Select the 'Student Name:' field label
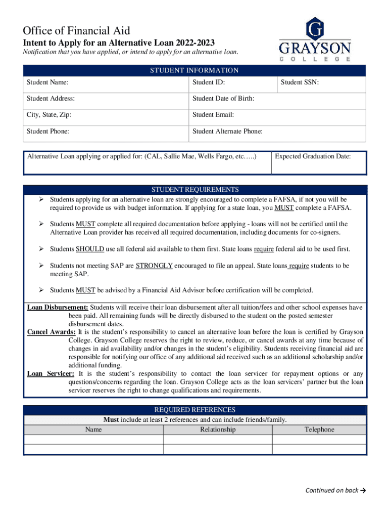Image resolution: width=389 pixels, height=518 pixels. click(48, 82)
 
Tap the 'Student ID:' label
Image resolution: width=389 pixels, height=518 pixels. click(209, 82)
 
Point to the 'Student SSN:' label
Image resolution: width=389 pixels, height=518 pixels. click(300, 82)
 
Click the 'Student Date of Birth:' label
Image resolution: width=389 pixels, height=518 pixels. click(223, 99)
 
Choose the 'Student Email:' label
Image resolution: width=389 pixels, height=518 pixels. click(213, 115)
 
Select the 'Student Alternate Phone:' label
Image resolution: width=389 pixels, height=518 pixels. click(227, 132)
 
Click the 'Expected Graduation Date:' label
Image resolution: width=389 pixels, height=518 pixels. click(313, 157)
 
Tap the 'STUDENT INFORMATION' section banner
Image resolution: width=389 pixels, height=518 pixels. click(194, 71)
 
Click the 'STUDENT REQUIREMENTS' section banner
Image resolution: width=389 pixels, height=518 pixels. click(195, 190)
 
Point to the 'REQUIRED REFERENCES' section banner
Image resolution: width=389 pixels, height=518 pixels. click(194, 410)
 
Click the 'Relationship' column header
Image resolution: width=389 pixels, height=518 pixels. click(218, 429)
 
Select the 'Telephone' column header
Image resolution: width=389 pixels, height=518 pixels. click(319, 429)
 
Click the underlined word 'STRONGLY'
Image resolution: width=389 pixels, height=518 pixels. click(154, 266)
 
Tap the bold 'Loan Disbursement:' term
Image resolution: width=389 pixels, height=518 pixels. click(58, 308)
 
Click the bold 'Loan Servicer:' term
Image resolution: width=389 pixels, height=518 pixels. click(51, 374)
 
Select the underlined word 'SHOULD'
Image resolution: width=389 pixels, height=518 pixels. click(90, 249)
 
